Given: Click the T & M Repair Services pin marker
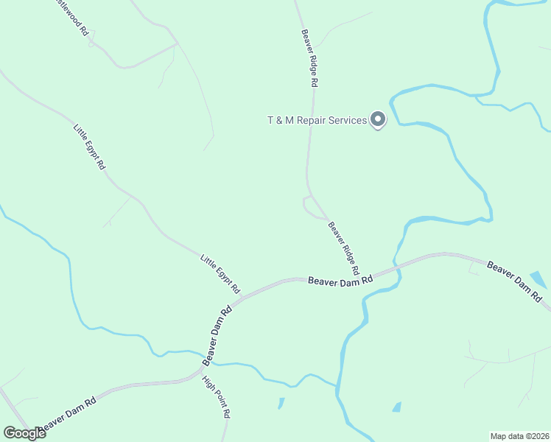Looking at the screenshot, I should tap(378, 119).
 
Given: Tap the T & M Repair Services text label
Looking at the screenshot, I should tap(317, 120).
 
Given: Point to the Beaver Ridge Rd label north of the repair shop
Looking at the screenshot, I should tap(309, 58).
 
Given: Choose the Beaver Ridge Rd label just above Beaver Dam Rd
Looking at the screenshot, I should tap(345, 245).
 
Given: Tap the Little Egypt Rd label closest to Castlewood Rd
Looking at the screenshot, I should tap(90, 147).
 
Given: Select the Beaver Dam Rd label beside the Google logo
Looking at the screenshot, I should tap(69, 415).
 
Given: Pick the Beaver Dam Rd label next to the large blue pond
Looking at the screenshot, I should tap(514, 281).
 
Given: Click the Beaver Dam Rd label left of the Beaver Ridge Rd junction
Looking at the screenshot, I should tap(340, 280).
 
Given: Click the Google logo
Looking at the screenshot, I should tap(24, 433).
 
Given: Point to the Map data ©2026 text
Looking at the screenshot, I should tap(519, 436).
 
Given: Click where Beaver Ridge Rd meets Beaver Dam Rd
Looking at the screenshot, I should tap(366, 274).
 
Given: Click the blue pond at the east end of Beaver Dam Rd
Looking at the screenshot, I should tap(538, 279).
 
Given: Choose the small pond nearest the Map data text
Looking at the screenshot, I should tap(397, 407).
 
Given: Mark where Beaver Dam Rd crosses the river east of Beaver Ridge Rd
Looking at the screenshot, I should tap(397, 264).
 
